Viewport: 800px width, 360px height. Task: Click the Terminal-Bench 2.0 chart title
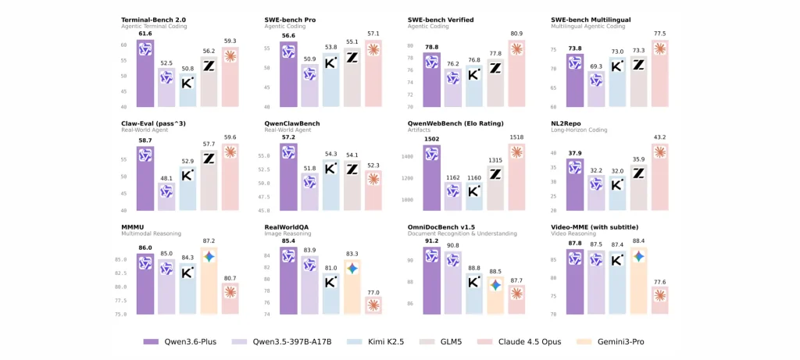pos(153,19)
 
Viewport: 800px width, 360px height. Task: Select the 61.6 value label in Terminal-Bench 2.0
pos(145,34)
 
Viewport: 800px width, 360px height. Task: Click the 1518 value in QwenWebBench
pos(517,137)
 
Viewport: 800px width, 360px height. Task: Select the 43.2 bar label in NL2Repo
pos(660,137)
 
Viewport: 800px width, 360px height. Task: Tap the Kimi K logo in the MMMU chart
pos(187,270)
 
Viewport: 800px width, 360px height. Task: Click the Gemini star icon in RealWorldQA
pos(352,268)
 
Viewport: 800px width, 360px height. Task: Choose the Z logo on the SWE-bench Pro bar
pos(352,57)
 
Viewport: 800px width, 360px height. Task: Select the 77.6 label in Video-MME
pos(660,281)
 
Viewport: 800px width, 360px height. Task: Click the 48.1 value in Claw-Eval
pos(166,178)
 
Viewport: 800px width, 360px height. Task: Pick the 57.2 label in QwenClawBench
pos(288,137)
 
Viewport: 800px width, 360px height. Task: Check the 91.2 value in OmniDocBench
pos(431,241)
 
